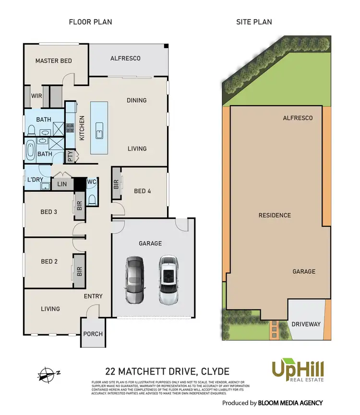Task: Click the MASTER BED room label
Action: tap(54, 61)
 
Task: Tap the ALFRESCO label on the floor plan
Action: tap(125, 58)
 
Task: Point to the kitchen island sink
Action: tap(99, 130)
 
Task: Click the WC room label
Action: tap(92, 182)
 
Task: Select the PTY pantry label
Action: tap(70, 156)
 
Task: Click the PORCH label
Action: tap(93, 334)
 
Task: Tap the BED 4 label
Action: tap(143, 191)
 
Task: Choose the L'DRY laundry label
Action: tap(35, 180)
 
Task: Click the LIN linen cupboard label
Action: tap(61, 184)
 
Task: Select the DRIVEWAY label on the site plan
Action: tap(306, 324)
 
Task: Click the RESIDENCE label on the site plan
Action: tap(275, 215)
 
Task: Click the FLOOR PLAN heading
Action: tap(91, 22)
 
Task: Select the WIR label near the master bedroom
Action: tap(36, 96)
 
